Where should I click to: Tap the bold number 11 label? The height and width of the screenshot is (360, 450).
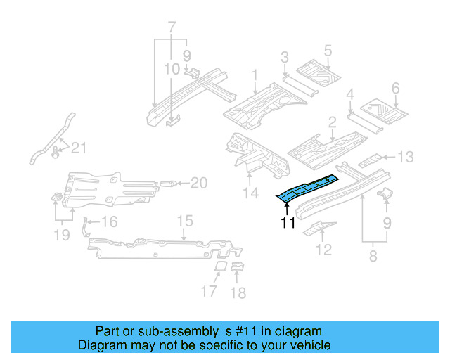288,224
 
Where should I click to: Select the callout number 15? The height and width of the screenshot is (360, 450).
184,221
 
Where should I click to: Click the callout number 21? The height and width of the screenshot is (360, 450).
79,147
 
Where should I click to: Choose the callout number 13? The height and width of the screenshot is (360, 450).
407,157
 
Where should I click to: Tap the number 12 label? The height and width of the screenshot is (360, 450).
323,249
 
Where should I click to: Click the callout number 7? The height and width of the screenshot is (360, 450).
171,28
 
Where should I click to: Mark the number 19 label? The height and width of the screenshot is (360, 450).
63,235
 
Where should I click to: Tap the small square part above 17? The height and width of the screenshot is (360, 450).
218,267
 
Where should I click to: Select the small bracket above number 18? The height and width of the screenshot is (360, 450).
237,266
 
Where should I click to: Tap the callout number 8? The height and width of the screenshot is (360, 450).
373,257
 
